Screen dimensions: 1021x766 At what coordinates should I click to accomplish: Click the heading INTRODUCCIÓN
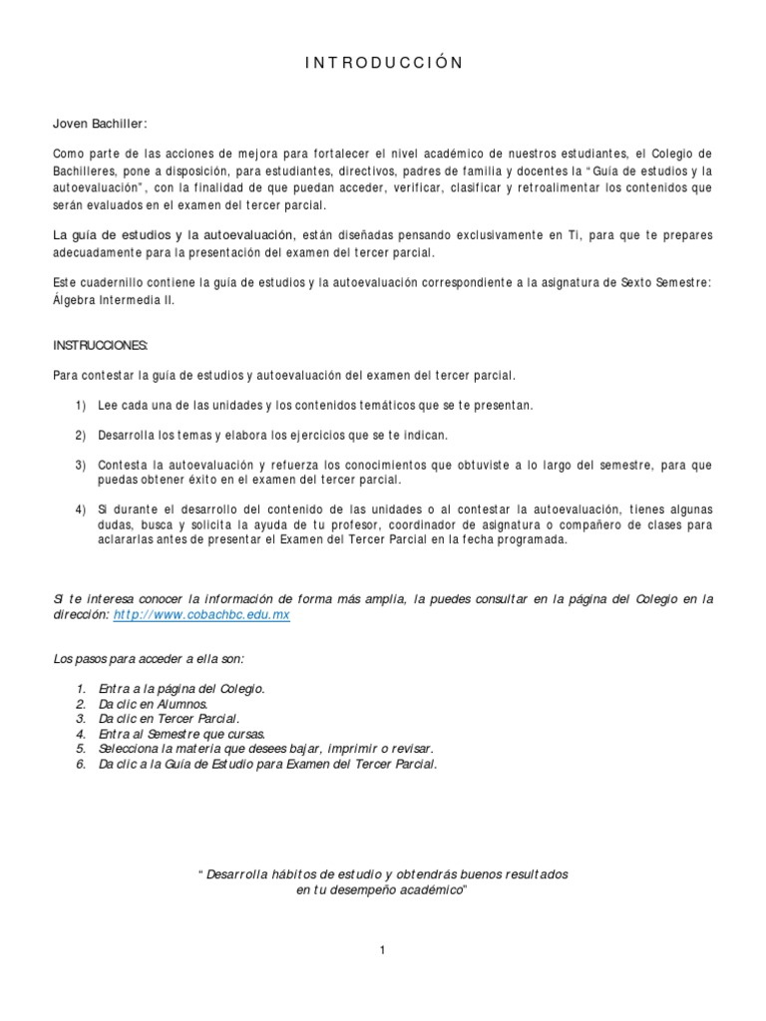[x=383, y=63]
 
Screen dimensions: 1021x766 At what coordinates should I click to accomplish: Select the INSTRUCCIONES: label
[x=100, y=344]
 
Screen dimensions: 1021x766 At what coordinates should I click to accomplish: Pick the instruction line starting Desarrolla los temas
[x=272, y=435]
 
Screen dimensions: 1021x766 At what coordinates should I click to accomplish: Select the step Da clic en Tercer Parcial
[x=169, y=718]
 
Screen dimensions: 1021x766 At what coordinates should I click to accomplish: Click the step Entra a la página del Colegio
[x=181, y=688]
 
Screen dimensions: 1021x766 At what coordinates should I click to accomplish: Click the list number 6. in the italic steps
[x=81, y=763]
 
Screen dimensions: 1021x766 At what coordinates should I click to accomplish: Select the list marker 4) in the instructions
[x=80, y=509]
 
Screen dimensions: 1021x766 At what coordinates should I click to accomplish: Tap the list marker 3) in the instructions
[x=80, y=465]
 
